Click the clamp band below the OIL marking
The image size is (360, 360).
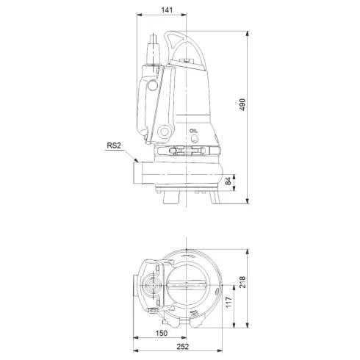tap(188, 151)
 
